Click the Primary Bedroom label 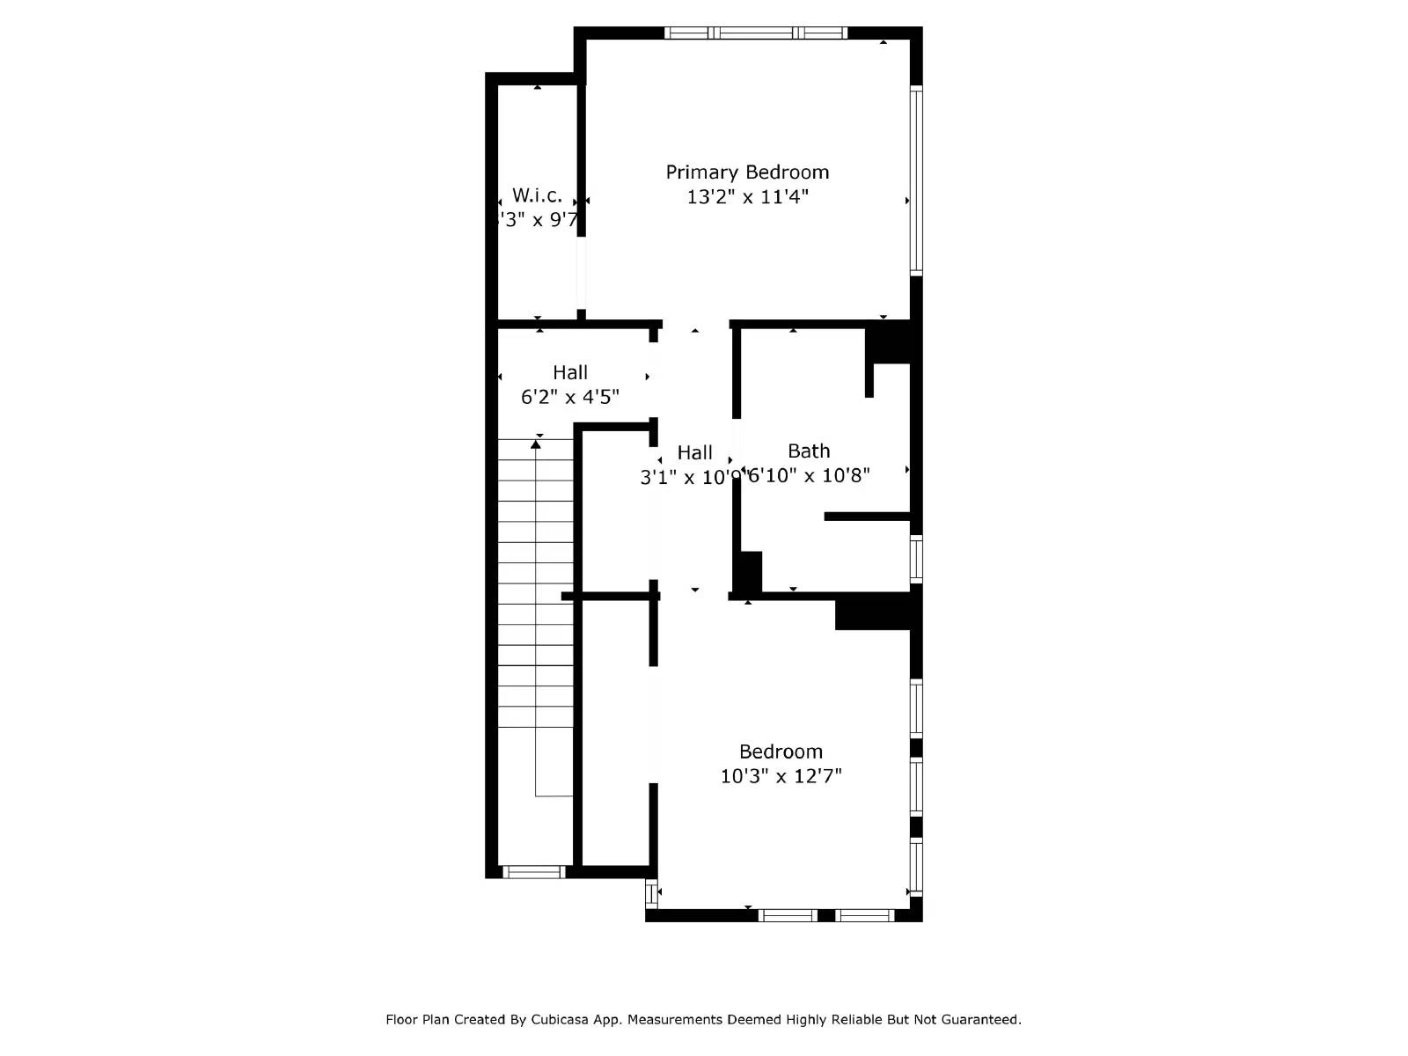pos(747,172)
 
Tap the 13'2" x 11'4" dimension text pos(747,197)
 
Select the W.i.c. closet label pos(537,195)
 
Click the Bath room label pos(809,451)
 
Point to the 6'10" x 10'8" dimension pos(809,476)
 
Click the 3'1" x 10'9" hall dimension pos(692,478)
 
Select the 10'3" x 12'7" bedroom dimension pos(781,776)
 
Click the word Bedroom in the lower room pos(781,752)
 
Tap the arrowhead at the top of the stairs pos(536,444)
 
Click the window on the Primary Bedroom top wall pos(755,33)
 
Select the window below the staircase pos(532,872)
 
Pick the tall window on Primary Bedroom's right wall pos(916,180)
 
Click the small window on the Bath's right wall pos(916,558)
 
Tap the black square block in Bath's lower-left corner pos(749,571)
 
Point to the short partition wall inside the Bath pos(867,517)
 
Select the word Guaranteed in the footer pos(979,1020)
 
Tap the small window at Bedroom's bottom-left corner pos(651,893)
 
